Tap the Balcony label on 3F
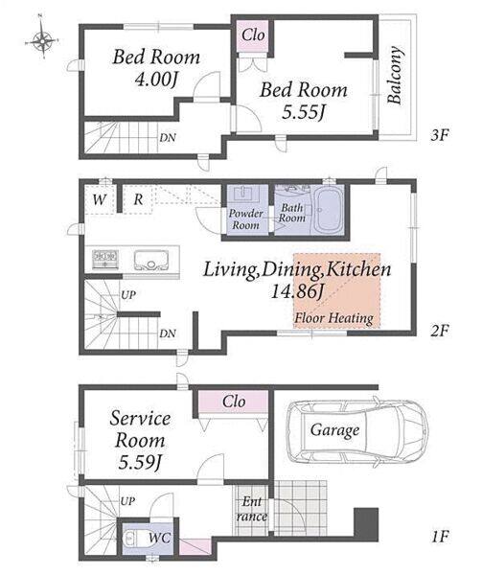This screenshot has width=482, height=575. coord(395,75)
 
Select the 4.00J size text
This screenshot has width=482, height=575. coord(156,79)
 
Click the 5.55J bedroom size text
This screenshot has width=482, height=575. coord(304,111)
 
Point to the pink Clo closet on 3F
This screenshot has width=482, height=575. coord(253,36)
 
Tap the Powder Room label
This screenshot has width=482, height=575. coord(246,218)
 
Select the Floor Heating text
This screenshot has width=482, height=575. coord(333,317)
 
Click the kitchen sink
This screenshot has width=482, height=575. coord(151,260)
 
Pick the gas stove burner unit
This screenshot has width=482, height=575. coord(104,260)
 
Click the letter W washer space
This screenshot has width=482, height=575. coord(99,200)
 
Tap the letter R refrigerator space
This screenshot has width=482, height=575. coord(138,199)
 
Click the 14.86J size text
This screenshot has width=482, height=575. coord(297,291)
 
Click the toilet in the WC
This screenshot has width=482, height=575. coord(133,539)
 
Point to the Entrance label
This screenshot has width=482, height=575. coord(252,509)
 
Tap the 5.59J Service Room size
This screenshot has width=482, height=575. coord(140,462)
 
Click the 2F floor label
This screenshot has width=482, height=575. coord(440,331)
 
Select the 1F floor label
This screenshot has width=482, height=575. coord(440,538)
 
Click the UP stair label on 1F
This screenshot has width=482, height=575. coord(127,501)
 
